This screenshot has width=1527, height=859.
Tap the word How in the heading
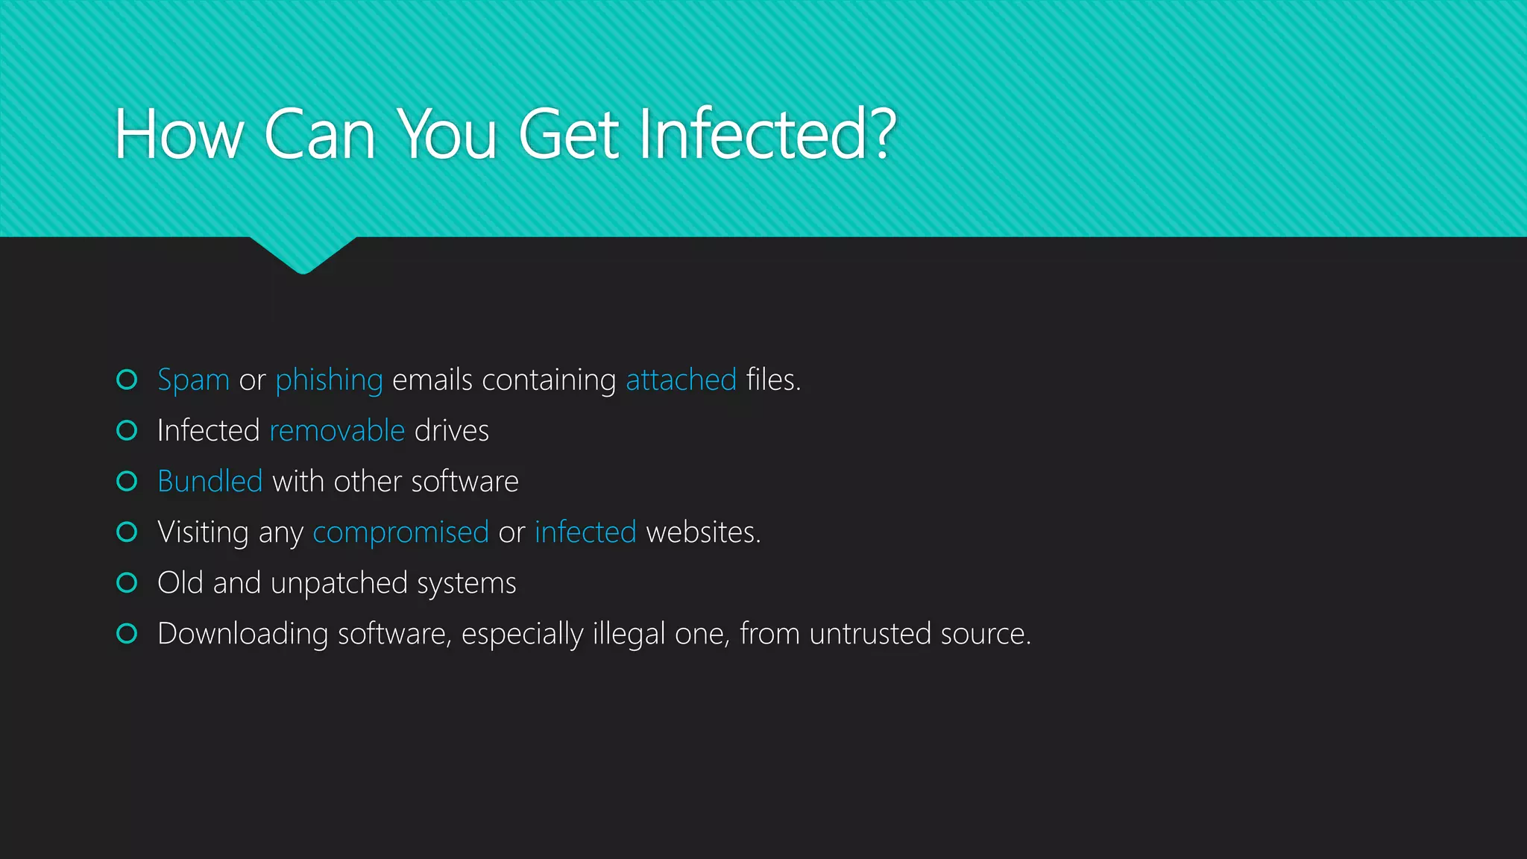click(179, 134)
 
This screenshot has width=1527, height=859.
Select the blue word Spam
click(193, 380)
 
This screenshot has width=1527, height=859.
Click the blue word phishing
click(329, 380)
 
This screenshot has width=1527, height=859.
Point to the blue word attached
click(681, 380)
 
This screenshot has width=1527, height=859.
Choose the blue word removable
click(337, 431)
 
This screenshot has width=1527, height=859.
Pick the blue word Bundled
click(210, 482)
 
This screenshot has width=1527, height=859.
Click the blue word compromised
click(400, 532)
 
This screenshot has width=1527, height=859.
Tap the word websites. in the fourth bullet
click(703, 532)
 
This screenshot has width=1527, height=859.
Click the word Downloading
click(243, 634)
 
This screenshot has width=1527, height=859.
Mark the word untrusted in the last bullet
click(870, 634)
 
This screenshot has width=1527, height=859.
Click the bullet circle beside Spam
click(127, 380)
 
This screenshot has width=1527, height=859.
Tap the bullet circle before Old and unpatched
click(127, 582)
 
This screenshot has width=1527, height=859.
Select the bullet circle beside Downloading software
click(127, 633)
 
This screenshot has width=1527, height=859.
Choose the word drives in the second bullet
click(452, 431)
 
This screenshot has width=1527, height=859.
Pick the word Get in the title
click(568, 134)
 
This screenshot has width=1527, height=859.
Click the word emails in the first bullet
click(432, 380)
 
